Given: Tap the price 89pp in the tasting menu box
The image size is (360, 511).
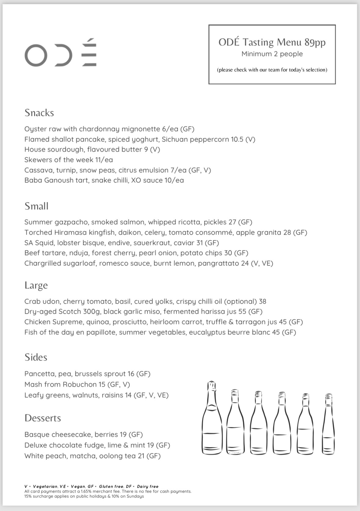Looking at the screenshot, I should [315, 42].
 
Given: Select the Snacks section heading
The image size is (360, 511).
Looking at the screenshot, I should [39, 113].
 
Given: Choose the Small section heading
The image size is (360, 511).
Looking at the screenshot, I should [36, 206].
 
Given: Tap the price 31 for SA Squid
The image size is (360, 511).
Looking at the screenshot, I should [199, 243].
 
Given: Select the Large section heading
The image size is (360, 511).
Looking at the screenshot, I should [36, 285].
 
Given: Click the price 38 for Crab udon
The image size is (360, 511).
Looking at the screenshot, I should [263, 302].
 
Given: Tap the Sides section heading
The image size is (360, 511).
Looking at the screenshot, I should [36, 357].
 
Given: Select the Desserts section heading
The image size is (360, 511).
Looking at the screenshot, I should [43, 418].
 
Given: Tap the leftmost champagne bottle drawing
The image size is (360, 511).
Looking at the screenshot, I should [212, 418].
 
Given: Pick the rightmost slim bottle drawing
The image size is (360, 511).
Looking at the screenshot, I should [328, 424].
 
